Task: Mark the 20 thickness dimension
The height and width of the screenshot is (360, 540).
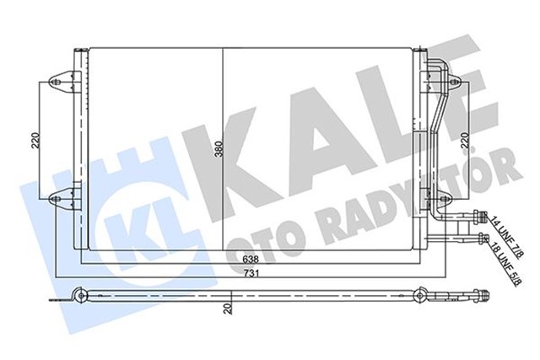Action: coord(229,309)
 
